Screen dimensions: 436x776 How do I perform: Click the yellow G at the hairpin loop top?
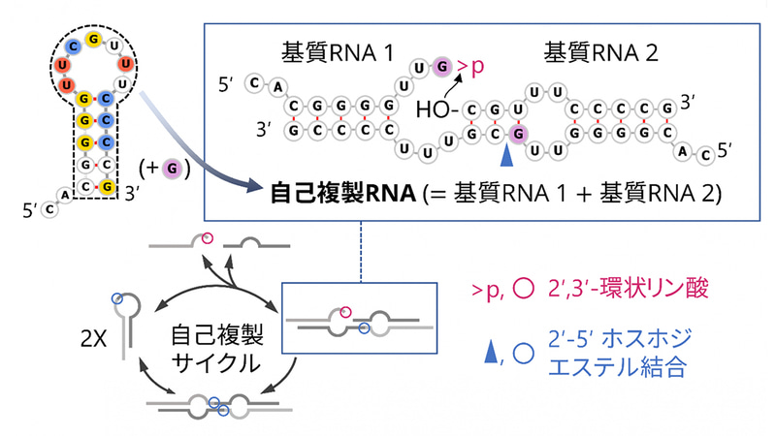(x=94, y=39)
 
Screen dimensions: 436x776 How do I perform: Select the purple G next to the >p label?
(x=443, y=66)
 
